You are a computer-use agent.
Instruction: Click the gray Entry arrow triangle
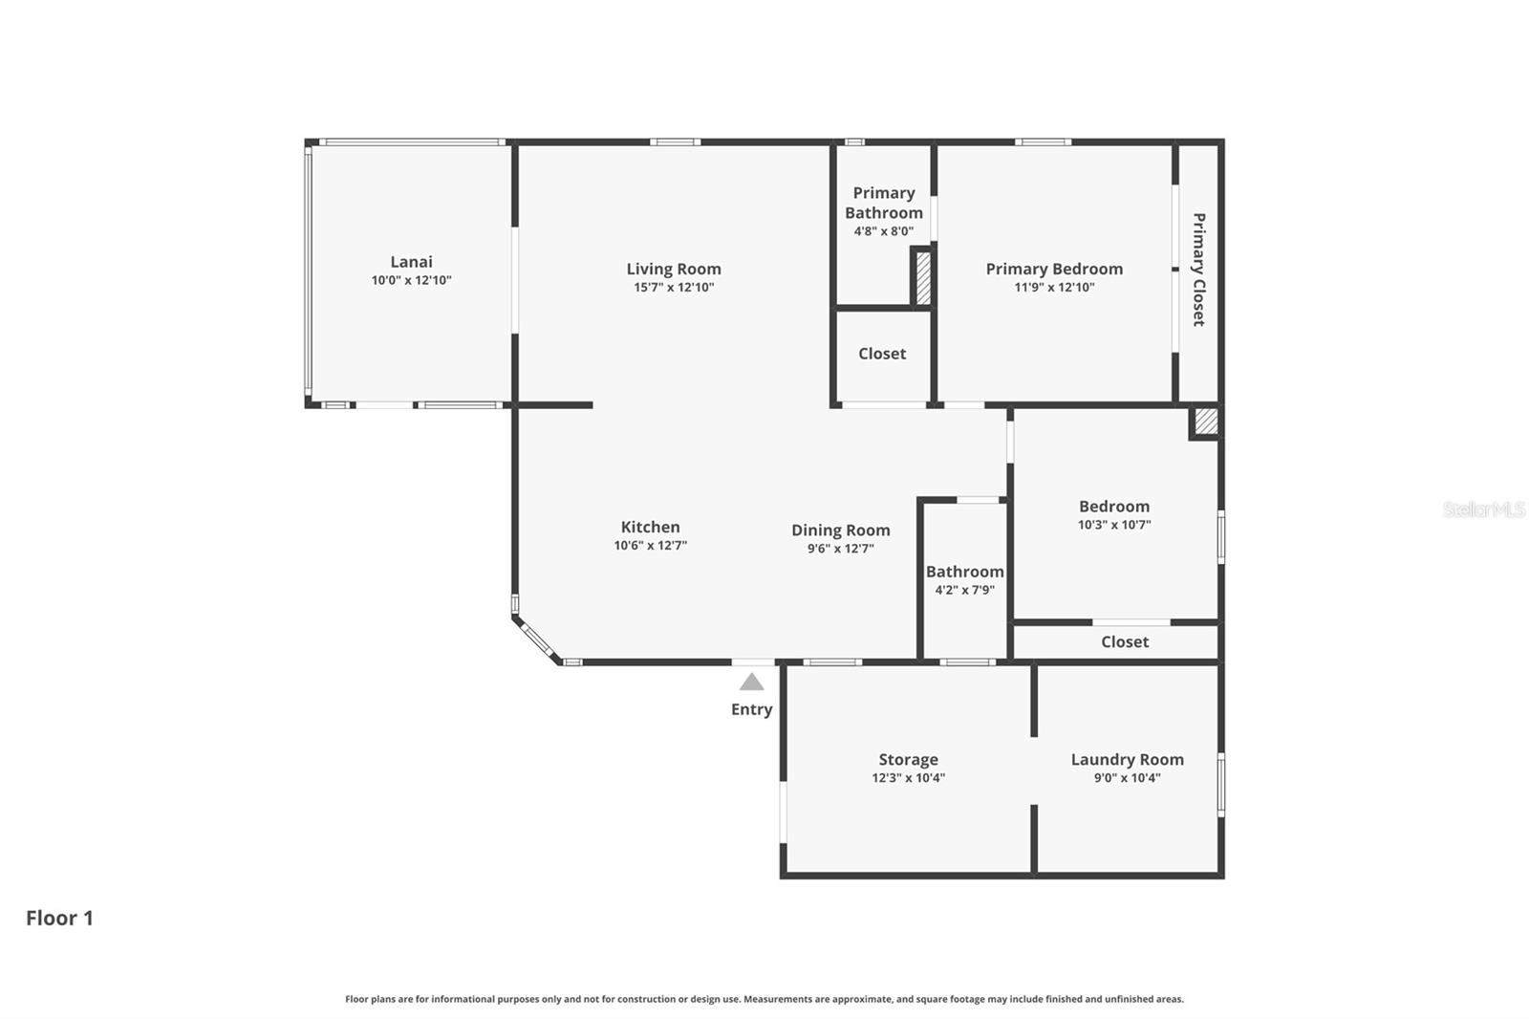(x=752, y=683)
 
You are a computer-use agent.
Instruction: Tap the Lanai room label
(x=411, y=262)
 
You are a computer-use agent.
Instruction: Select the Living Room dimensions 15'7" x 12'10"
(x=674, y=288)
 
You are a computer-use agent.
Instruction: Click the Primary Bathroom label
(x=884, y=203)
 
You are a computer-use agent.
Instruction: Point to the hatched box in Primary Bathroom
(x=923, y=277)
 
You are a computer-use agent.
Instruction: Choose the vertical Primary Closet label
(x=1198, y=270)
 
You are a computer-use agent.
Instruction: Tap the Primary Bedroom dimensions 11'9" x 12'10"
(x=1054, y=288)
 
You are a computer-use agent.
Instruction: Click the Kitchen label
(x=650, y=527)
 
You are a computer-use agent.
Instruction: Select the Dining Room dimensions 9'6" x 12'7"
(x=840, y=549)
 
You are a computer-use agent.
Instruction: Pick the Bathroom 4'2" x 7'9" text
(x=964, y=590)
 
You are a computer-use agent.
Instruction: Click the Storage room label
(x=908, y=760)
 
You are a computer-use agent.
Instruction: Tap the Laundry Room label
(x=1127, y=760)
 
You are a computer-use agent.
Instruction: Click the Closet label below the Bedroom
(x=1124, y=641)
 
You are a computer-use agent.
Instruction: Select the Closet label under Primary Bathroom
(x=881, y=354)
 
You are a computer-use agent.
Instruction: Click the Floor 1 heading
(x=59, y=918)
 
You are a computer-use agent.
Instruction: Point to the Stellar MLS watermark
(x=1483, y=509)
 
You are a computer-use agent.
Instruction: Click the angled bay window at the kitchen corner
(x=537, y=640)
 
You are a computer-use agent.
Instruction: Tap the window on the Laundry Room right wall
(x=1221, y=785)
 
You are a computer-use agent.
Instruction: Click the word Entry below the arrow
(x=751, y=709)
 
